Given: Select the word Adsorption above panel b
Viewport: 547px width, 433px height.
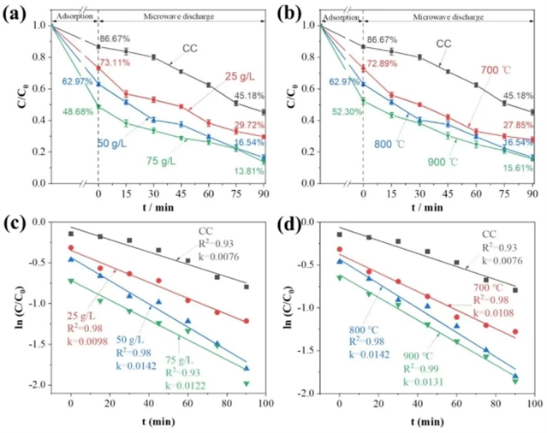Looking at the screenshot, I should click(338, 15).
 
